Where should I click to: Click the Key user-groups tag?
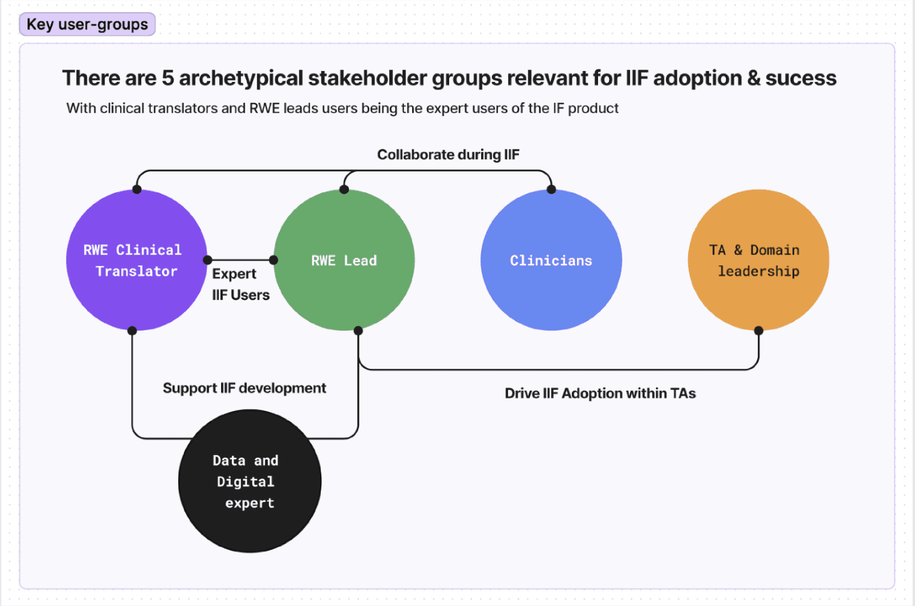point(88,24)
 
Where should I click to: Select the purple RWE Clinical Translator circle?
point(136,260)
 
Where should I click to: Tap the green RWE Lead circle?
point(344,260)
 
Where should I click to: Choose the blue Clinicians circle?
point(551,260)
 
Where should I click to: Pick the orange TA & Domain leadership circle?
point(758,260)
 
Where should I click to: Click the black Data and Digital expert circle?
point(249,481)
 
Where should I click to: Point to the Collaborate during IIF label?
point(448,155)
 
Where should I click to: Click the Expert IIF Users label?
point(240,284)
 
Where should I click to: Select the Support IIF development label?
point(244,388)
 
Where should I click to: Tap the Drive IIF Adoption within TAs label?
point(600,393)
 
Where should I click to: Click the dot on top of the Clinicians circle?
point(551,189)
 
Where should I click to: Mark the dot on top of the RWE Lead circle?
point(344,189)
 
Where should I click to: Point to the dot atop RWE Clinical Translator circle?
point(137,189)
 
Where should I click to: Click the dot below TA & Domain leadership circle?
point(758,330)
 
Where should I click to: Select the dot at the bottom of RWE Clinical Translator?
point(132,330)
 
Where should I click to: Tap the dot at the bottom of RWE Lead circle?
point(358,330)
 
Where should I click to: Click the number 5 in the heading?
point(167,78)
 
